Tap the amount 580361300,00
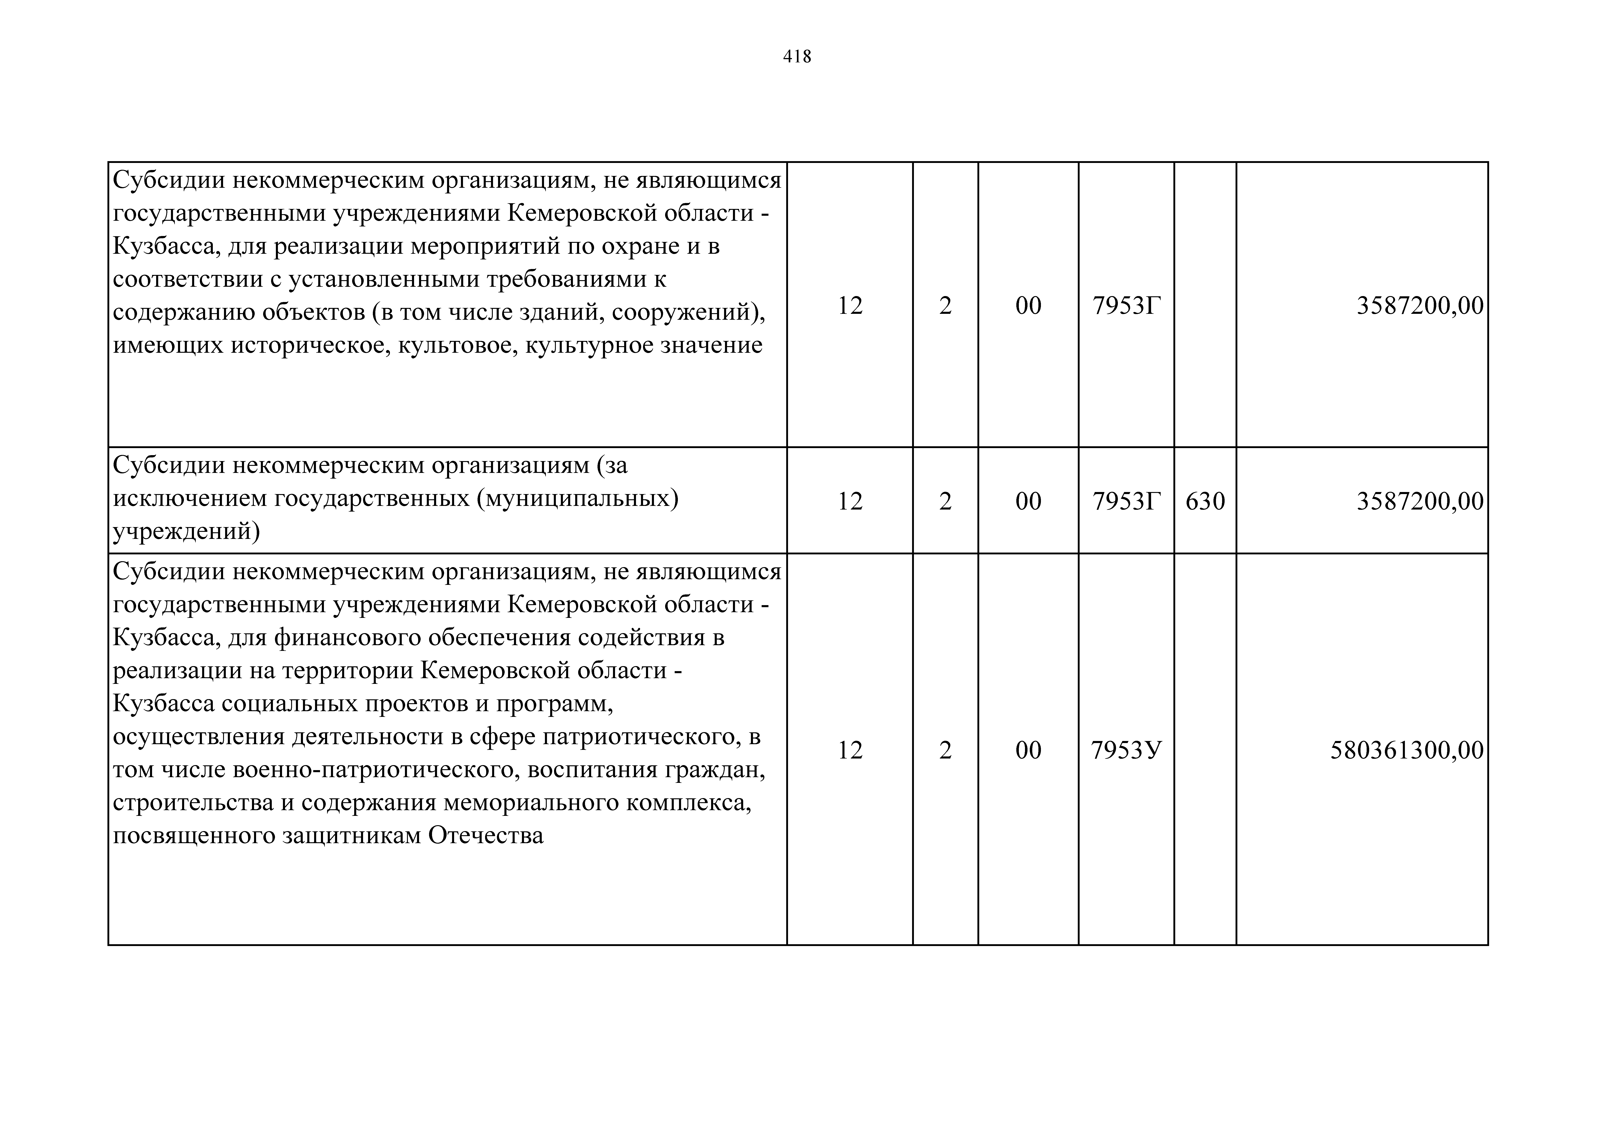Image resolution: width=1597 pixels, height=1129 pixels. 1406,750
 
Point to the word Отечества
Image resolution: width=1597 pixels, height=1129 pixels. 486,835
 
